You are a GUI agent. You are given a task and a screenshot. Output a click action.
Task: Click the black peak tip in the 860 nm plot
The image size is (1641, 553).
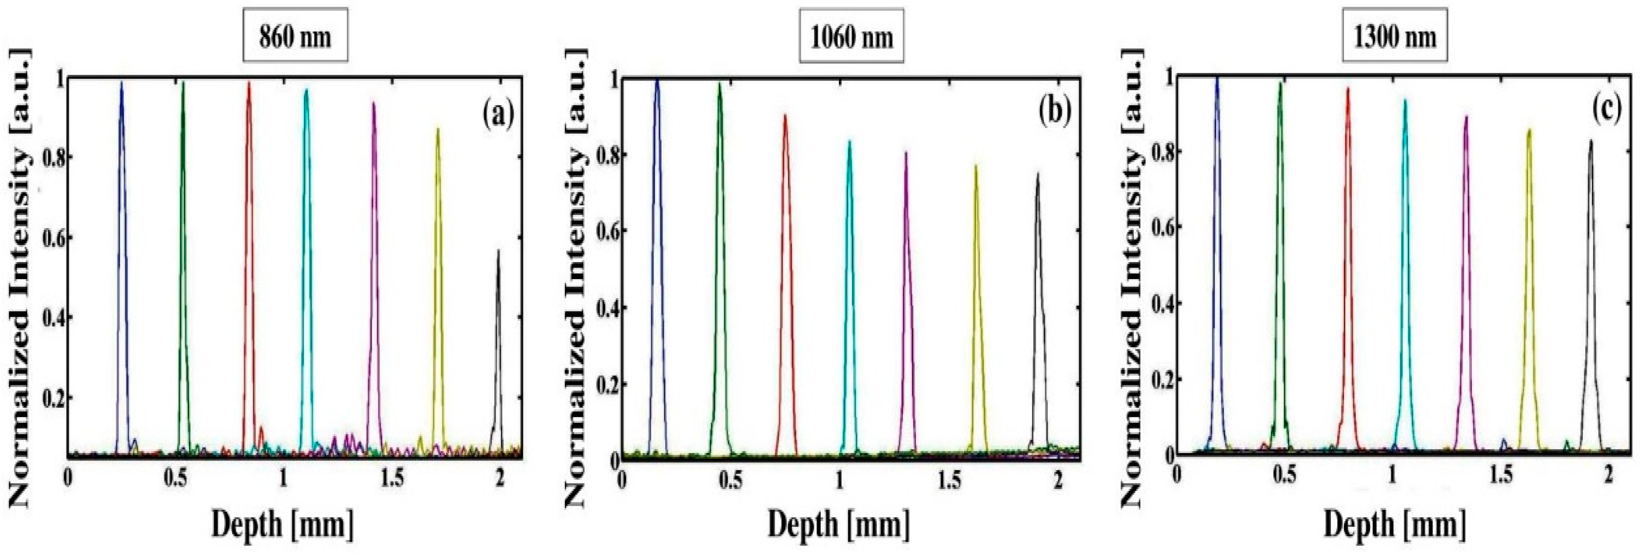pos(498,251)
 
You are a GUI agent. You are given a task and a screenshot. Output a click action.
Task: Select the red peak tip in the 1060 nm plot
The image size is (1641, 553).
pos(785,115)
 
